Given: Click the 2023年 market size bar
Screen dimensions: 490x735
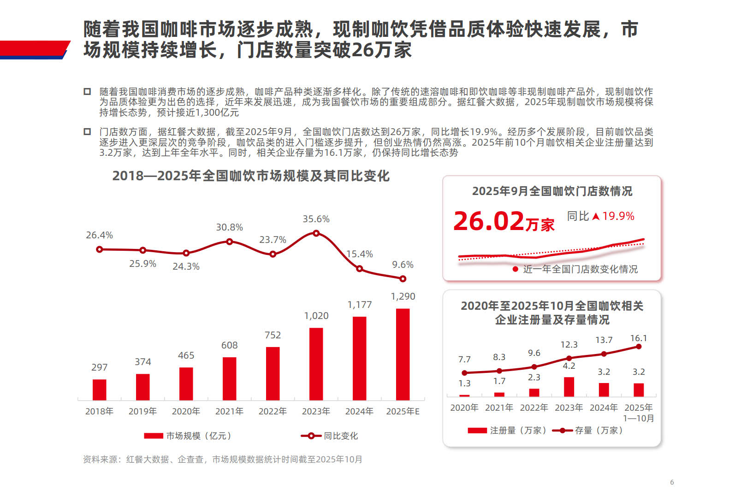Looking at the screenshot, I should point(316,364).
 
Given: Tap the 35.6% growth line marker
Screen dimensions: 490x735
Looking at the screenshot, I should point(316,233).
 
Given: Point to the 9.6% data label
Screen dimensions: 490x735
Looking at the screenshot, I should point(403,265).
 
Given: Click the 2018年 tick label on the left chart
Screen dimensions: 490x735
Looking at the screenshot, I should point(99,411).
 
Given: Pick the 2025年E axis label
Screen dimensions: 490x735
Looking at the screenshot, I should point(403,411).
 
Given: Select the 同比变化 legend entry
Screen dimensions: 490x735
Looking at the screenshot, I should point(330,436).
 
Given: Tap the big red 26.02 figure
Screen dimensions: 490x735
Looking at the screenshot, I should point(489,221).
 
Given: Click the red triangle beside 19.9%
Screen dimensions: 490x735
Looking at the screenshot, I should point(596,216).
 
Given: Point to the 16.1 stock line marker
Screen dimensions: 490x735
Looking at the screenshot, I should point(639,347).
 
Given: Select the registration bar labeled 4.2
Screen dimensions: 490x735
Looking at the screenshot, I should point(569,387).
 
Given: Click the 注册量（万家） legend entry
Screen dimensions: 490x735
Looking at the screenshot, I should point(507,430).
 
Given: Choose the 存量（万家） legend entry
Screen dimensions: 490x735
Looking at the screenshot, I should point(588,430).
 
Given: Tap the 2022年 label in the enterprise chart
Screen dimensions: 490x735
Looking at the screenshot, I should point(534,407).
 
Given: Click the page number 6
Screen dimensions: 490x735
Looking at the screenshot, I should point(672,482).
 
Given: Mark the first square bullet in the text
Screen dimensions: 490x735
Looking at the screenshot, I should point(87,91).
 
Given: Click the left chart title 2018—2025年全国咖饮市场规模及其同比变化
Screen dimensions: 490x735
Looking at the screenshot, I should point(251,176).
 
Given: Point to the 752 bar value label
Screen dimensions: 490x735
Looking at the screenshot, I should point(273,335).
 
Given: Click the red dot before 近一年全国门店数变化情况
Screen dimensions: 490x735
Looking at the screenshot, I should point(516,269).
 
